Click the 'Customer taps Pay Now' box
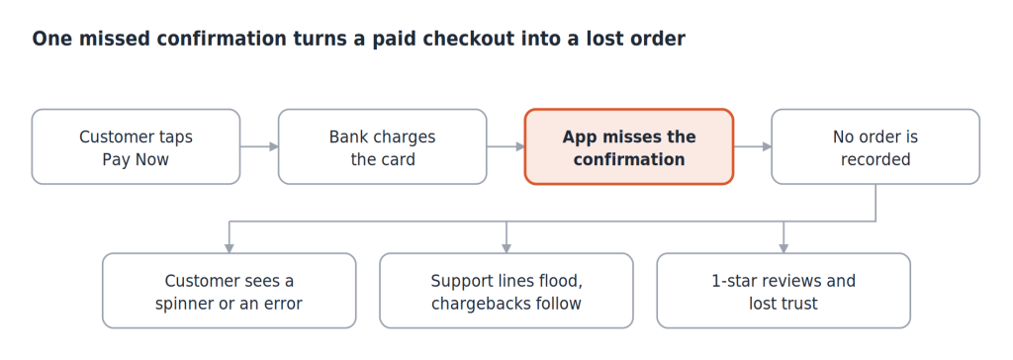pos(136,146)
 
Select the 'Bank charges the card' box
pos(383,146)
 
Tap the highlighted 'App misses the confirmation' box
pos(628,146)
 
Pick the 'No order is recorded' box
pos(875,146)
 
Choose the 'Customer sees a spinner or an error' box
pos(229,291)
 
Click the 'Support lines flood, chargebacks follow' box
pos(506,291)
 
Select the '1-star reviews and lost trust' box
pos(783,291)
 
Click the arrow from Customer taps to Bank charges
pos(259,146)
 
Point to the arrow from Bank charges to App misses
pos(506,146)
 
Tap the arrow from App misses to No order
pos(753,146)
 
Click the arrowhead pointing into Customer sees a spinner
pos(229,248)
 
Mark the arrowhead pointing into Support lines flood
pos(506,248)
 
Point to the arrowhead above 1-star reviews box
pos(783,248)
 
